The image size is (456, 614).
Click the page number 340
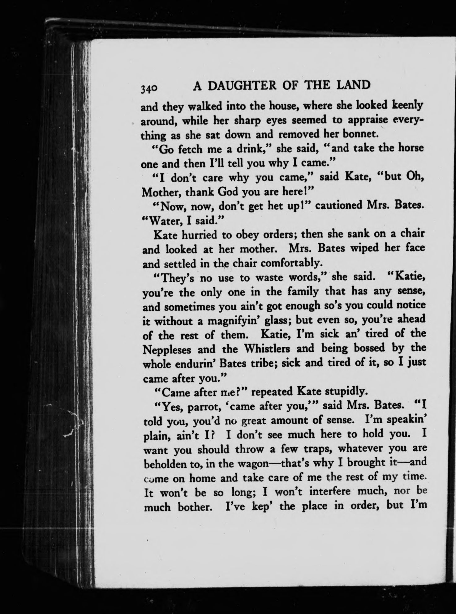point(149,89)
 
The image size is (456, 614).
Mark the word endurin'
point(194,364)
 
